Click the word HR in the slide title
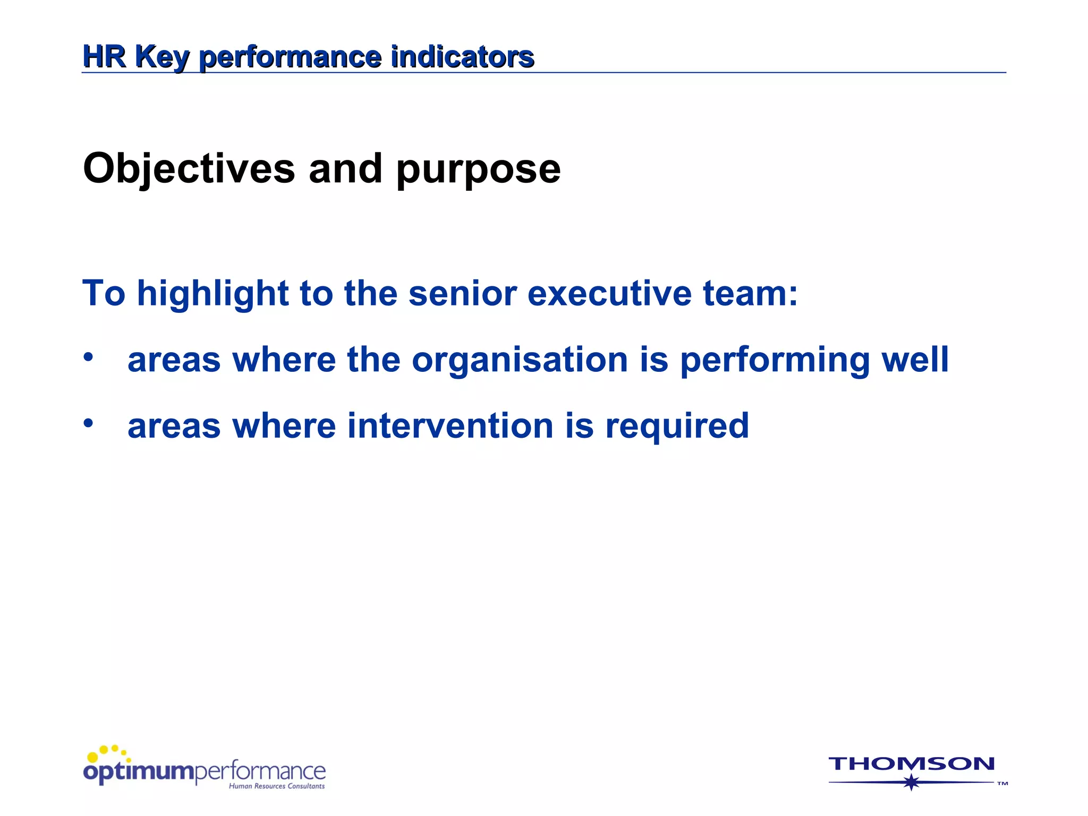click(x=105, y=56)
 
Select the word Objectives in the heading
click(x=189, y=168)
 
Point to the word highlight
click(x=212, y=294)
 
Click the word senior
click(x=462, y=293)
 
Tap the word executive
click(x=609, y=293)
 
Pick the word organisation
click(x=520, y=360)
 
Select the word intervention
click(x=450, y=426)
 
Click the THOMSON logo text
click(x=911, y=764)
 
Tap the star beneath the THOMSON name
click(x=912, y=782)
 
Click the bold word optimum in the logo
click(x=139, y=772)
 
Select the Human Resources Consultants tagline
click(x=276, y=786)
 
